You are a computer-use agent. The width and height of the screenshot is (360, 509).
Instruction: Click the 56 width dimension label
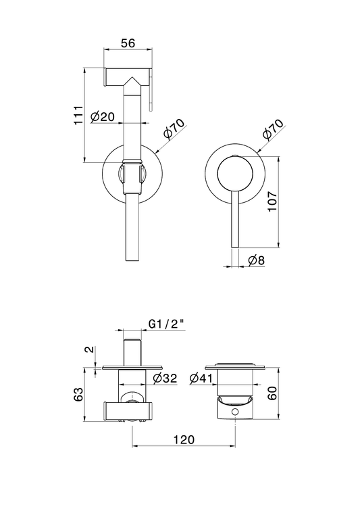click(x=128, y=43)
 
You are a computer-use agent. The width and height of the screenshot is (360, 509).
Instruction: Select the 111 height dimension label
click(x=78, y=115)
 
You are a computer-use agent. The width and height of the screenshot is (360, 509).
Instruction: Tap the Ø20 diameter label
click(x=103, y=116)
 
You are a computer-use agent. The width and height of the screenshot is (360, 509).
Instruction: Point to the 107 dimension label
click(x=272, y=201)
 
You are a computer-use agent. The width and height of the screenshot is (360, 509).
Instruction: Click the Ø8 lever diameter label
click(x=257, y=260)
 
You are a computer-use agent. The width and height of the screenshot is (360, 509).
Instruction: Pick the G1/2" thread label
click(x=166, y=324)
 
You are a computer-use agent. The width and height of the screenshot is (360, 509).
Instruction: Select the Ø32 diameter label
click(x=165, y=378)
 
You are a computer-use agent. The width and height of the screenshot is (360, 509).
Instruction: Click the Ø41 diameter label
click(x=201, y=378)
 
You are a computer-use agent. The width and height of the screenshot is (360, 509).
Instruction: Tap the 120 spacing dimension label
click(x=184, y=439)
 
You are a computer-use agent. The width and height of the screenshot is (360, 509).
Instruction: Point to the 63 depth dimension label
click(x=78, y=394)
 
